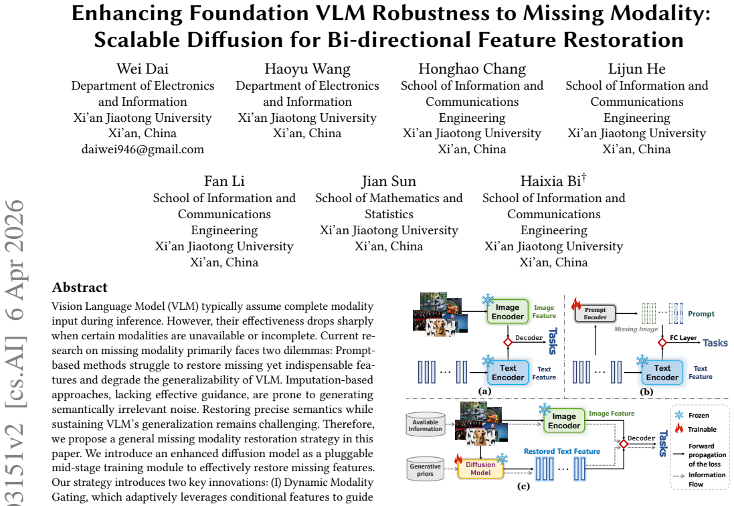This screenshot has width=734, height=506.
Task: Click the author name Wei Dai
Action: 143,69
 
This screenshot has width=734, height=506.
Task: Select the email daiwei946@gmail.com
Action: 143,149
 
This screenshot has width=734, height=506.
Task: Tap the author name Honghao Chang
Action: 472,70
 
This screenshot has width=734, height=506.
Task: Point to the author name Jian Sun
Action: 389,181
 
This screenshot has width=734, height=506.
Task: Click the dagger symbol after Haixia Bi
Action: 583,177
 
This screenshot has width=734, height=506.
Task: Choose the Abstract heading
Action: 80,287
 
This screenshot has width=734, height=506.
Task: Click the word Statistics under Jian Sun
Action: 389,214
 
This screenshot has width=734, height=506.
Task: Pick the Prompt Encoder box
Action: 595,314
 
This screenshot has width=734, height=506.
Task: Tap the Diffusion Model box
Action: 480,469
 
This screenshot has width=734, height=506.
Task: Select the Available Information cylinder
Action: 425,425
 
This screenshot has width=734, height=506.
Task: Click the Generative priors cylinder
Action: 425,469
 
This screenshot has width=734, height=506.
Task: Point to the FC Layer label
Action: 683,337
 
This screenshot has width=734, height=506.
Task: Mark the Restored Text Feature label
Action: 562,451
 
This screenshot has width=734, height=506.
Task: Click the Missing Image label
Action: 636,329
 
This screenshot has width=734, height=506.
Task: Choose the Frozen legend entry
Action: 692,415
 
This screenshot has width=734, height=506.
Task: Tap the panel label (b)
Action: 646,392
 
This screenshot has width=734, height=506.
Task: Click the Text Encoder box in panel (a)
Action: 508,373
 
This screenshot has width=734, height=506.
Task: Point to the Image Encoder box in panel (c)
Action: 564,420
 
